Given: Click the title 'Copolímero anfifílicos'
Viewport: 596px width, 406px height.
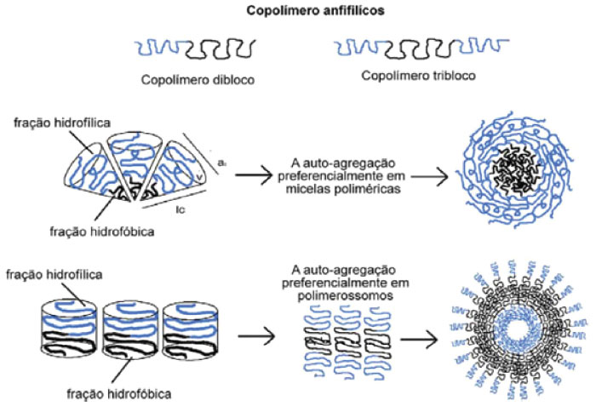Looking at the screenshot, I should pos(297,14).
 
